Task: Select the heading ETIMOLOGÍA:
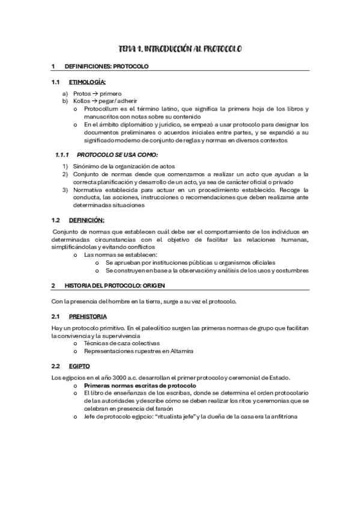pyautogui.click(x=88, y=82)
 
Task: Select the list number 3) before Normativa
pyautogui.click(x=66, y=190)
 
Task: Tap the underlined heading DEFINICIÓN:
pyautogui.click(x=87, y=220)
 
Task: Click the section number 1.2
pyautogui.click(x=56, y=220)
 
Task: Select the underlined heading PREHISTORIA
pyautogui.click(x=88, y=316)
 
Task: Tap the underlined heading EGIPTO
pyautogui.click(x=79, y=365)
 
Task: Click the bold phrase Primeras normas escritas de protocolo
pyautogui.click(x=140, y=385)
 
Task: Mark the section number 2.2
pyautogui.click(x=56, y=365)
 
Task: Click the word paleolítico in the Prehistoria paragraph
pyautogui.click(x=152, y=328)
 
